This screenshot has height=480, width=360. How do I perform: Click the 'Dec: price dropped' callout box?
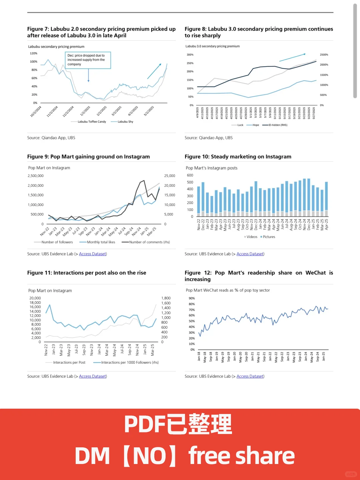[x=88, y=60]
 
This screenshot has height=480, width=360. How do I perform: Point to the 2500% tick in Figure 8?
[x=324, y=55]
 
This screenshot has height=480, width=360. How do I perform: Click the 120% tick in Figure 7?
[x=34, y=53]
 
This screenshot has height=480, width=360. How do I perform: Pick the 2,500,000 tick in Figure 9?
[x=36, y=176]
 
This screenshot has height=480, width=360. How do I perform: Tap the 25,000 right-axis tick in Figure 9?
[x=169, y=176]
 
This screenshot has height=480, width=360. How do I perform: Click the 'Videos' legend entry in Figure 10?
[x=252, y=237]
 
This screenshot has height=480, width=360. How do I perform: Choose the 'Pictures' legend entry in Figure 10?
[x=269, y=237]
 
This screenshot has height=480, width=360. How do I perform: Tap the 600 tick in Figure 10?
[x=190, y=175]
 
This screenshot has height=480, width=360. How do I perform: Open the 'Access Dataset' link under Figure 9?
[x=93, y=254]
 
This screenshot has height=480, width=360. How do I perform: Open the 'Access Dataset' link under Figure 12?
[x=250, y=376]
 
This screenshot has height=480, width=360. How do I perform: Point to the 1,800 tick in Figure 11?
[x=166, y=298]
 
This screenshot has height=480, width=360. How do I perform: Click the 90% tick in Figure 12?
[x=192, y=298]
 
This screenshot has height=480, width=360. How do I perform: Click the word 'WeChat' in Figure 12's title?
[x=316, y=273]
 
